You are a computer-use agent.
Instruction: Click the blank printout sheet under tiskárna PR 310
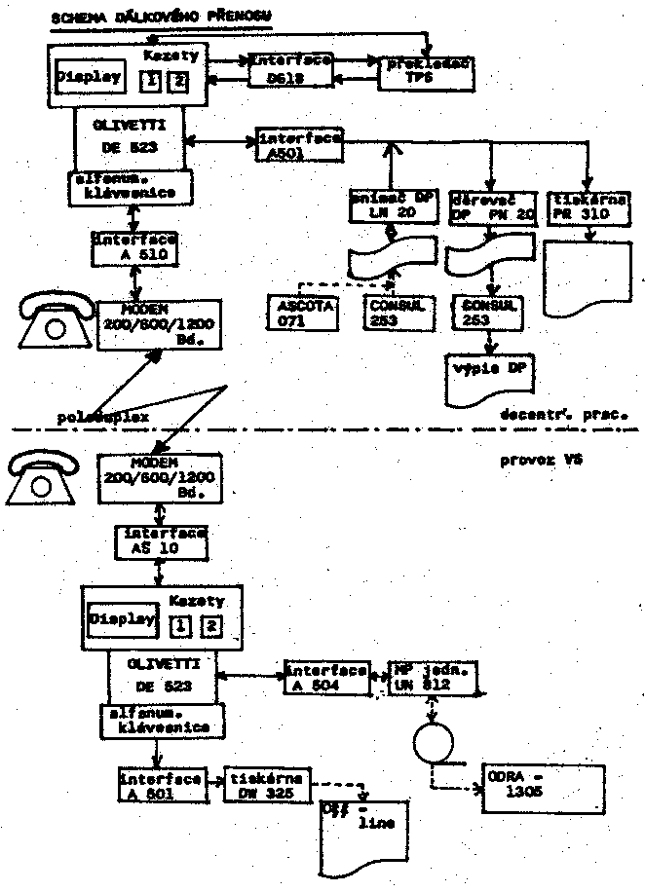588,278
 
